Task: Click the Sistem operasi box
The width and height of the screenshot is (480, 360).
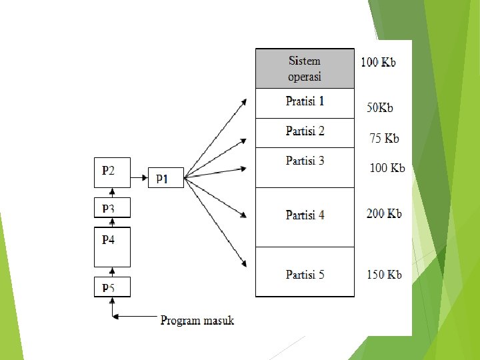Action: coord(305,69)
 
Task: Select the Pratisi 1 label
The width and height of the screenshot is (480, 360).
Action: coord(305,101)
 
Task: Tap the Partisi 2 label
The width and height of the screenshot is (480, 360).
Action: coord(305,131)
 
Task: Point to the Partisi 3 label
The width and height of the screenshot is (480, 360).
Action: coord(305,161)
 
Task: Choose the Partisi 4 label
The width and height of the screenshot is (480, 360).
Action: coord(305,215)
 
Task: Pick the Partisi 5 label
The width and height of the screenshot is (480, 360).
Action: coord(305,274)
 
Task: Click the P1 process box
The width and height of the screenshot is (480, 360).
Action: coord(165,178)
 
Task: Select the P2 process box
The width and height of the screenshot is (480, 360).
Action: coord(111,171)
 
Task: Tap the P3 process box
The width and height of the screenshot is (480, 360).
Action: coord(111,208)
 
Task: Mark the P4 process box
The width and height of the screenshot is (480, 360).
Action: coord(111,246)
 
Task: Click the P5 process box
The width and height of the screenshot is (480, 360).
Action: coord(111,287)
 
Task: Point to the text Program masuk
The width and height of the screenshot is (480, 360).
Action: coord(197,321)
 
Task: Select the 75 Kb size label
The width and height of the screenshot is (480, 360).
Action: coord(384,139)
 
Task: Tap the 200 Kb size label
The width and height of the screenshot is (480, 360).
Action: coord(384,214)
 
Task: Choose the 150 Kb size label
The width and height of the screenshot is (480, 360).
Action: coord(384,274)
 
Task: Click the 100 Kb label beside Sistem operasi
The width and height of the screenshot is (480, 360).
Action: coord(378,62)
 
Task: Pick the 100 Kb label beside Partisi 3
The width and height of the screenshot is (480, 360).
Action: coord(387,168)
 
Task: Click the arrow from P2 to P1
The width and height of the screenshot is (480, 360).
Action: coord(139,178)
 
